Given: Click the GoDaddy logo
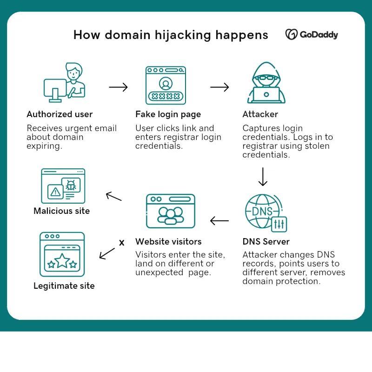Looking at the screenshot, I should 312,35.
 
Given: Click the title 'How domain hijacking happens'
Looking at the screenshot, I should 171,35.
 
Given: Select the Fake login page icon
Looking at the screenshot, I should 166,85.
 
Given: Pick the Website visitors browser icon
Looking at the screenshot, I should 170,211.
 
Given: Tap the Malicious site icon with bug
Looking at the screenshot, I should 63,186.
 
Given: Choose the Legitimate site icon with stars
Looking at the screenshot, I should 62,254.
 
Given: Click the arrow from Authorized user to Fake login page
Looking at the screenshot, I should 118,87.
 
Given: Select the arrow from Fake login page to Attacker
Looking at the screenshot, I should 219,87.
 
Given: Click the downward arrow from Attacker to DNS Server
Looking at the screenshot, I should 263,177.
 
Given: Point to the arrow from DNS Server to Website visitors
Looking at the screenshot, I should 219,220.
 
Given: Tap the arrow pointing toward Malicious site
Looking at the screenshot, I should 113,196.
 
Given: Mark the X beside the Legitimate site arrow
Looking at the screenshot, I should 122,243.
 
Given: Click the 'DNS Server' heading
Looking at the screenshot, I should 266,241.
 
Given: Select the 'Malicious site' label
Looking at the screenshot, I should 61,211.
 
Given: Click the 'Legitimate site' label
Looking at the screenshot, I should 64,286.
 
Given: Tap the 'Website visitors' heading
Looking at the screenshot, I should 168,241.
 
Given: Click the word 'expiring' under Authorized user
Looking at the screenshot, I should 44,146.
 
